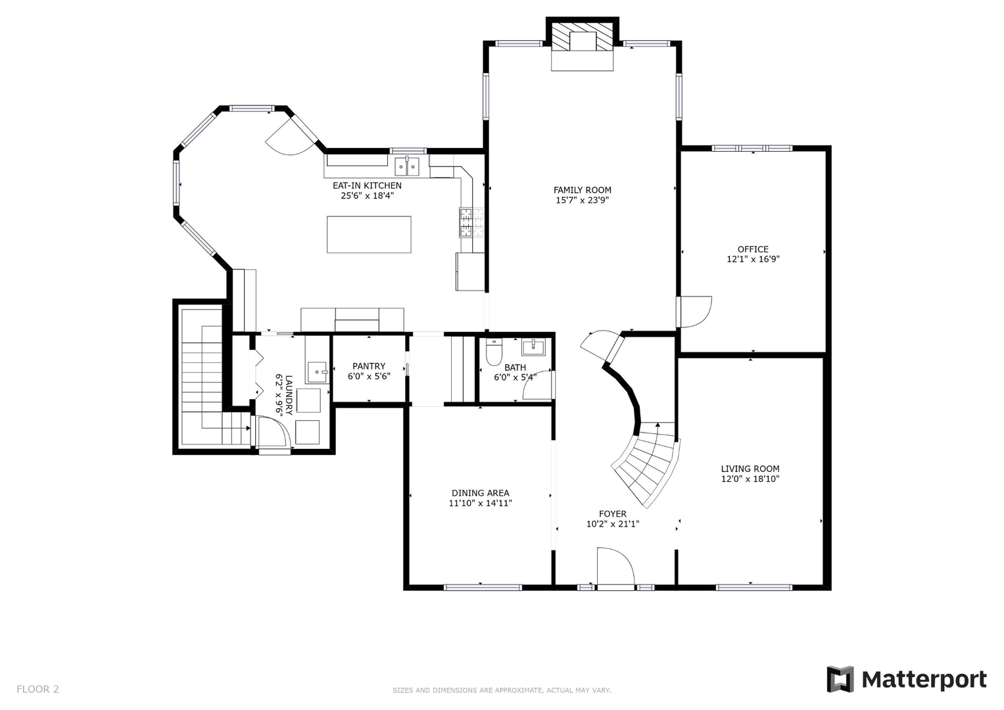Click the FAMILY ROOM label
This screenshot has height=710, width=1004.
583,190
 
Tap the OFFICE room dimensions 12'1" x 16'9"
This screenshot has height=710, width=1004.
753,259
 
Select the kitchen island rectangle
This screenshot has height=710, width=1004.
369,235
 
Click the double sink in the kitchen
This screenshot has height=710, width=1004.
407,166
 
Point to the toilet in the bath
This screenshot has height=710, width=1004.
494,352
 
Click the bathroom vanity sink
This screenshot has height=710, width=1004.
533,347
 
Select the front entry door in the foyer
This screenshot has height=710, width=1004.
616,567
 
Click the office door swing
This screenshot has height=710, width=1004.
694,312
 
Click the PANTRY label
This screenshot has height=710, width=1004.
369,366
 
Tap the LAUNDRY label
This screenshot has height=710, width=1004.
289,395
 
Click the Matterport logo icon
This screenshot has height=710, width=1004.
840,679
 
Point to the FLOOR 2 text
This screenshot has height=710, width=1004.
37,689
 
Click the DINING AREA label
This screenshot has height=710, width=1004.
481,493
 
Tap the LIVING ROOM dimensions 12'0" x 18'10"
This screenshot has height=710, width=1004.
750,479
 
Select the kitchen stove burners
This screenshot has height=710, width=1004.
471,222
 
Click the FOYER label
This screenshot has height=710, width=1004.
613,513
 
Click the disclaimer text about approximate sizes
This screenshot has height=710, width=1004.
502,690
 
